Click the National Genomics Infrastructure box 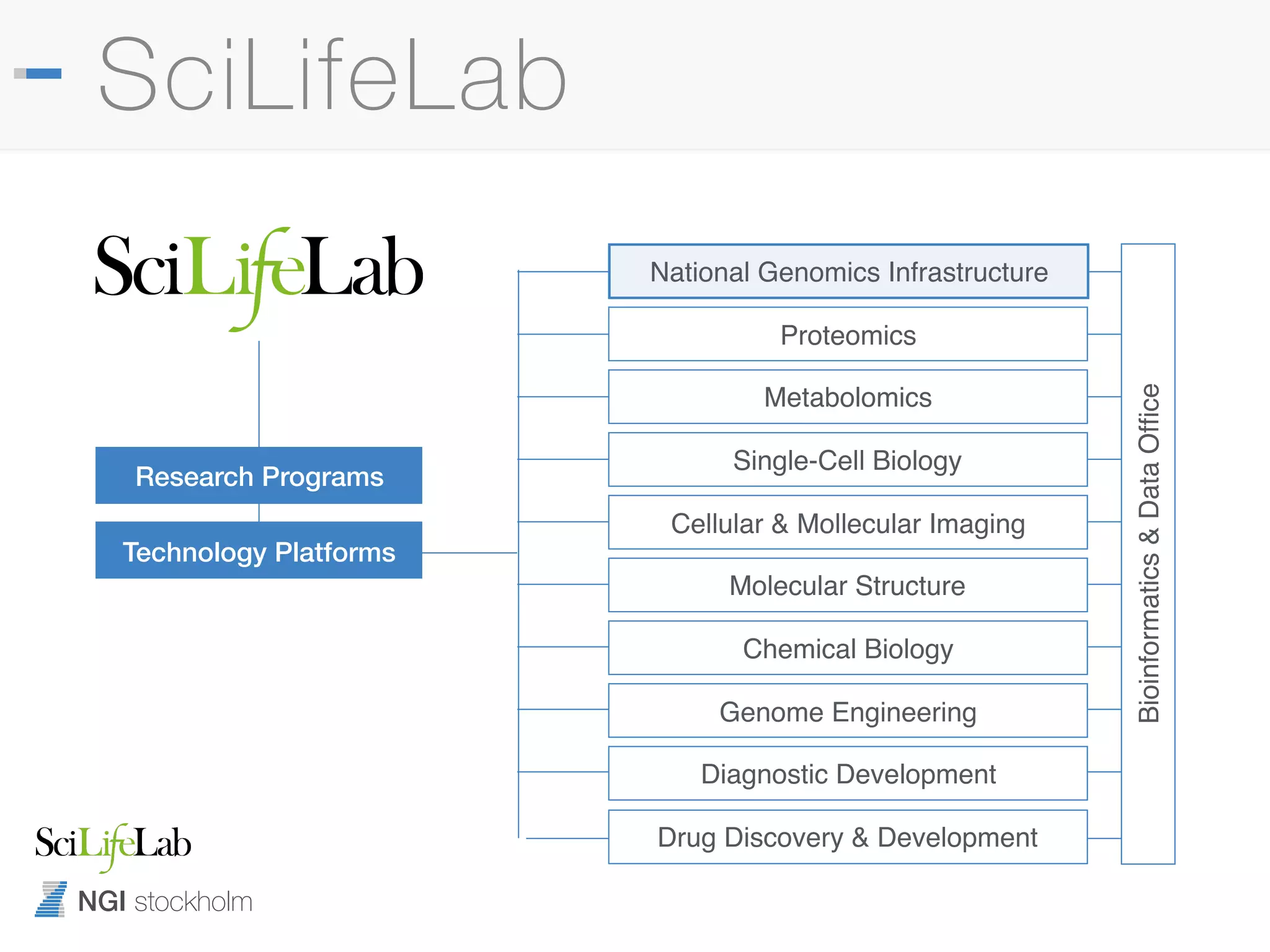pos(848,271)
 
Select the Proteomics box pos(848,335)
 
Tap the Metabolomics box pos(848,397)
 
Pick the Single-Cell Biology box pos(848,460)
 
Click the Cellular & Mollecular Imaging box pos(848,522)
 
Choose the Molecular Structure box pos(848,585)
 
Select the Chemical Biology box pos(848,648)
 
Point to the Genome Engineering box pos(848,711)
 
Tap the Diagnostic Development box pos(848,773)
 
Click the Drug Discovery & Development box pos(848,837)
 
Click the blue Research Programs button pos(259,476)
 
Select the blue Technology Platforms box pos(259,551)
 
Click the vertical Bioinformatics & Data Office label pos(1148,553)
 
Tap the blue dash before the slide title pos(43,74)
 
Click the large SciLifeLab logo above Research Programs pos(259,273)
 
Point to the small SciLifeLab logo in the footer pos(113,844)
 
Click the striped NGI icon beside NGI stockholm pos(51,899)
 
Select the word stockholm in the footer pos(193,902)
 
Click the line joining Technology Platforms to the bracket pos(469,553)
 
